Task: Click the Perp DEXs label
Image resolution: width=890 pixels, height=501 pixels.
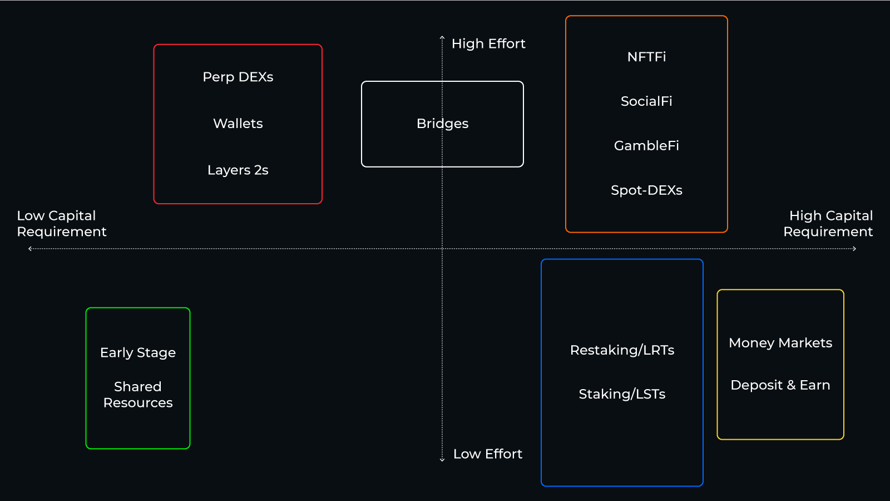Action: [238, 77]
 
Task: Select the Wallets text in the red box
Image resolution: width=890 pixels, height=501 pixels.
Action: [238, 124]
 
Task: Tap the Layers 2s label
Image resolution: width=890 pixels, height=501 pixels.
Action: [238, 170]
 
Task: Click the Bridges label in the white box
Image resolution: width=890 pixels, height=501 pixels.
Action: [442, 124]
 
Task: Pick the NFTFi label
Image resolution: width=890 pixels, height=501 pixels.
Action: [646, 57]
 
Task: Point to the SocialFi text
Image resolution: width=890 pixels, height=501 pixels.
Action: [646, 101]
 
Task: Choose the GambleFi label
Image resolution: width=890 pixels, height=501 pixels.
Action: [646, 146]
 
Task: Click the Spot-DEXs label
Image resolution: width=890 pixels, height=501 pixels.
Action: [646, 190]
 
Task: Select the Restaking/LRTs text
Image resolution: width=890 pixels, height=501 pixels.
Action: [622, 350]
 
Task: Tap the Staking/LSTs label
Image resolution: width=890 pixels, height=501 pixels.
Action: [622, 394]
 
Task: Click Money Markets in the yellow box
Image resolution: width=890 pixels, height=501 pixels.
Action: [780, 343]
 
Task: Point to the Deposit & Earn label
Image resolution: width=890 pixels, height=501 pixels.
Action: [780, 385]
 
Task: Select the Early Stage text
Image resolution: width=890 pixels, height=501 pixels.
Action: [138, 353]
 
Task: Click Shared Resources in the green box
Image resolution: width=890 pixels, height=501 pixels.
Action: [138, 395]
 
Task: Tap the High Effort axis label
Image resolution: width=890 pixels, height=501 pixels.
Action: [488, 44]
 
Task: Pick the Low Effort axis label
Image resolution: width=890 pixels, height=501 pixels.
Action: [488, 454]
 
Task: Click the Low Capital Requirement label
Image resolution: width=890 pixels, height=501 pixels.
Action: [61, 224]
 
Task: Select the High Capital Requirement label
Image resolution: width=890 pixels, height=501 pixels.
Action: [828, 224]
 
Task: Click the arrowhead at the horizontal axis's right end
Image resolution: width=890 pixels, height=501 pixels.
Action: [854, 249]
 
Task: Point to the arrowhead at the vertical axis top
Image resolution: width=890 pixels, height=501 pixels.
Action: [442, 38]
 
